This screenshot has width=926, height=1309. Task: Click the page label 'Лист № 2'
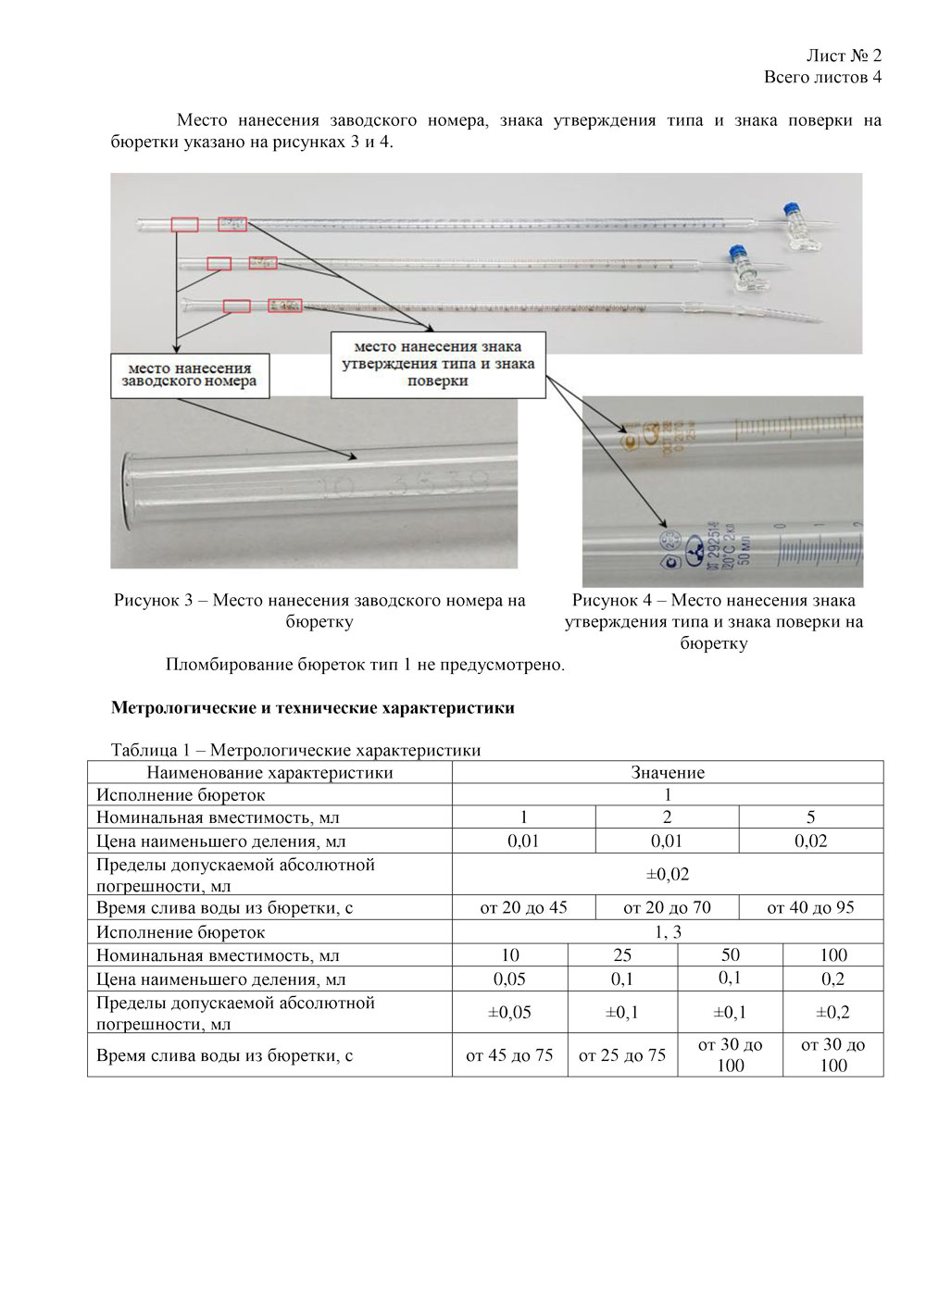[844, 56]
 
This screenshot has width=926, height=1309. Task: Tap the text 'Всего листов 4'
[822, 77]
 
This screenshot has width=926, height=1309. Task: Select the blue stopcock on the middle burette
[737, 252]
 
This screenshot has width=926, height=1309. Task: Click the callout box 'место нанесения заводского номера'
[190, 375]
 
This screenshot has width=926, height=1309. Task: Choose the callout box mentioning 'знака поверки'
[438, 365]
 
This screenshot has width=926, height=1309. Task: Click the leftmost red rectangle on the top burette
[184, 224]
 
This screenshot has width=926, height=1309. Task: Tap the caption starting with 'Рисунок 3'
[319, 611]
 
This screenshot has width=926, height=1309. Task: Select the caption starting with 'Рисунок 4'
[713, 621]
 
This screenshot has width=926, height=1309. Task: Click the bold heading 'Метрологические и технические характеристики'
[312, 708]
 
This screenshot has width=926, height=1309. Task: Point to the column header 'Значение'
[668, 772]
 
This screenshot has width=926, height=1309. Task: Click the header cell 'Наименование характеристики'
[269, 772]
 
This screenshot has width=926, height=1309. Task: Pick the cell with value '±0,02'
[668, 874]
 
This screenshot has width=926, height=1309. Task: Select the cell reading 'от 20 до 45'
[523, 907]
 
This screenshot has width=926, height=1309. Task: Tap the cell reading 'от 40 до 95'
[810, 907]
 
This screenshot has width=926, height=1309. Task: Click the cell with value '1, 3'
[668, 932]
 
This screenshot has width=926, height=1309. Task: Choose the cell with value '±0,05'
[509, 1013]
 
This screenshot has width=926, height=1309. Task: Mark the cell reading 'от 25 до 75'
[622, 1055]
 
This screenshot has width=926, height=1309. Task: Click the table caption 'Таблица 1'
[295, 750]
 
